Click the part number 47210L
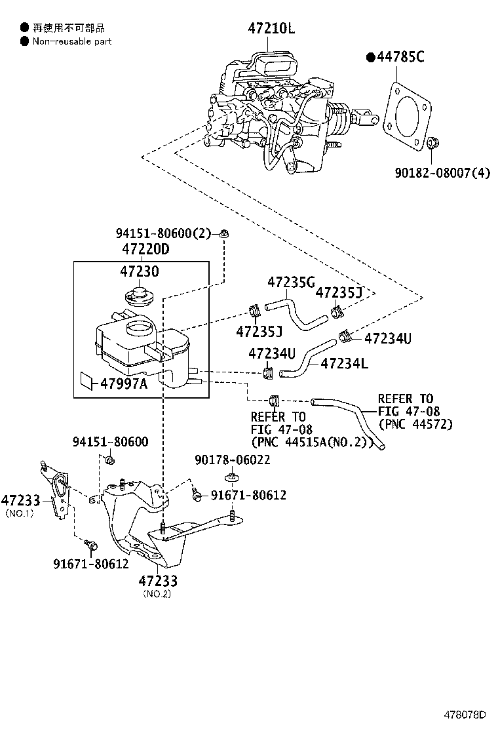click(x=272, y=28)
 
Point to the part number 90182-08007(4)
click(x=442, y=174)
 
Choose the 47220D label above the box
click(x=145, y=250)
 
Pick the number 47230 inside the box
click(x=140, y=271)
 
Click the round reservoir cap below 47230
click(x=140, y=296)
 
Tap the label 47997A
click(x=124, y=384)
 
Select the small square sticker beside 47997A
click(x=87, y=380)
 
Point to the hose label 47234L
click(x=344, y=363)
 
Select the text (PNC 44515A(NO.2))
click(x=311, y=442)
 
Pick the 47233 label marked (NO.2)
click(x=157, y=581)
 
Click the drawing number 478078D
click(x=467, y=714)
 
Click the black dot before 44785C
click(x=370, y=58)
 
